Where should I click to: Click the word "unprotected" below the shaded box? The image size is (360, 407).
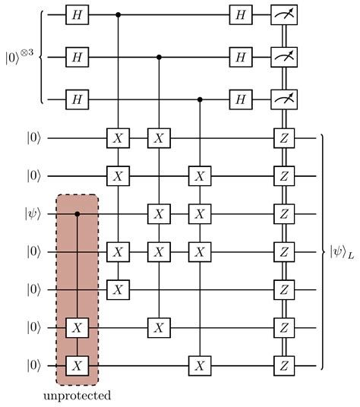77,396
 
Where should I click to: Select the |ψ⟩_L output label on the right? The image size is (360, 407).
343,251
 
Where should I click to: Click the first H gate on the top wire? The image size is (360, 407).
77,14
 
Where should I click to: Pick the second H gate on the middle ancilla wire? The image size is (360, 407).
241,56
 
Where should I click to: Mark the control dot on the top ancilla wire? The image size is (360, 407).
118,14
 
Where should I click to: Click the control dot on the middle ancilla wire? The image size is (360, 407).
158,56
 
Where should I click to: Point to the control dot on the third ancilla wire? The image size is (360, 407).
199,99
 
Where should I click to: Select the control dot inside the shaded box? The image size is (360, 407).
77,214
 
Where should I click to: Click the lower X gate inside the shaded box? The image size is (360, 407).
77,365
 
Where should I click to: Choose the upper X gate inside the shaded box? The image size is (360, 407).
77,328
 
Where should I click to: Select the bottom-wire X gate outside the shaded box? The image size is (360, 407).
199,365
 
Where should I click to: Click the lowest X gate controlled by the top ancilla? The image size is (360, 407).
118,289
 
